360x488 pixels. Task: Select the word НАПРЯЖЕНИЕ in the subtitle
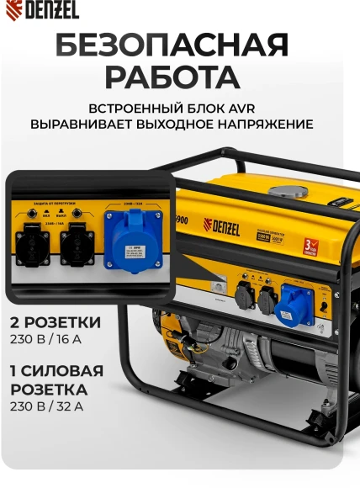[x=262, y=124]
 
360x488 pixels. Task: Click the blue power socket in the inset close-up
[x=133, y=240]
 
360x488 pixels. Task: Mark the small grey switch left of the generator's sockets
[x=216, y=287]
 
